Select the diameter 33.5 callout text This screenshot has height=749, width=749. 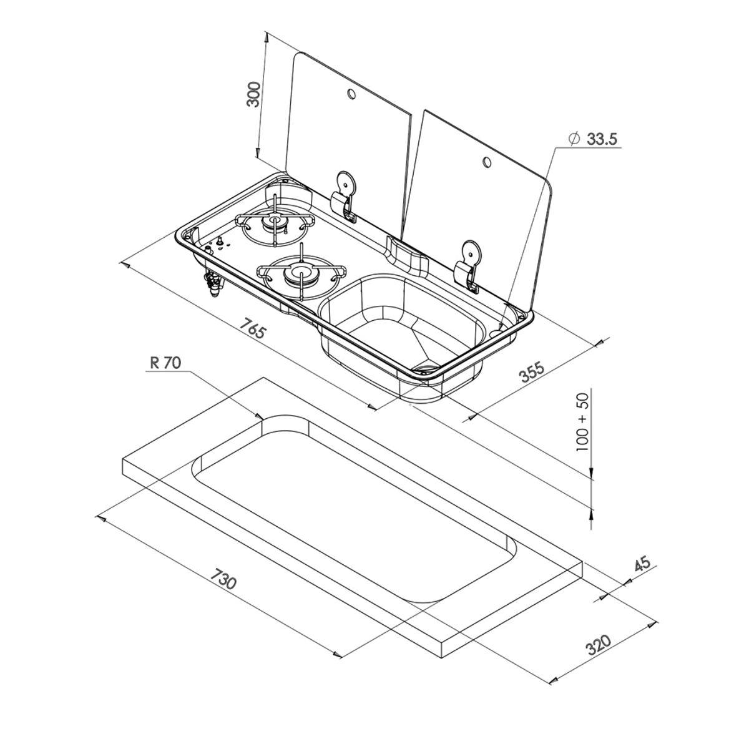click(x=601, y=139)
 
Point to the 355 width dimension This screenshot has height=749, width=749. click(x=532, y=372)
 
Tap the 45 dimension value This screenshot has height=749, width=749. click(x=642, y=564)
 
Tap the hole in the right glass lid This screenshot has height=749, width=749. click(x=486, y=162)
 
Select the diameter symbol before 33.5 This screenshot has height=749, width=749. click(x=574, y=139)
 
